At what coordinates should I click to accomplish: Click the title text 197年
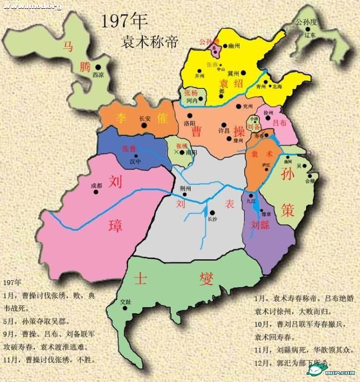(124, 21)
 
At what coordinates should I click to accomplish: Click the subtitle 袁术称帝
(150, 41)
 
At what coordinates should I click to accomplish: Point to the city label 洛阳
(189, 123)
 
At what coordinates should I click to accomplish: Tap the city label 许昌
(224, 132)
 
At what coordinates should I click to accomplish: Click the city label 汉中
(135, 161)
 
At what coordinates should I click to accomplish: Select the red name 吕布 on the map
(279, 122)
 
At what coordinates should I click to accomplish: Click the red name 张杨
(191, 93)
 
